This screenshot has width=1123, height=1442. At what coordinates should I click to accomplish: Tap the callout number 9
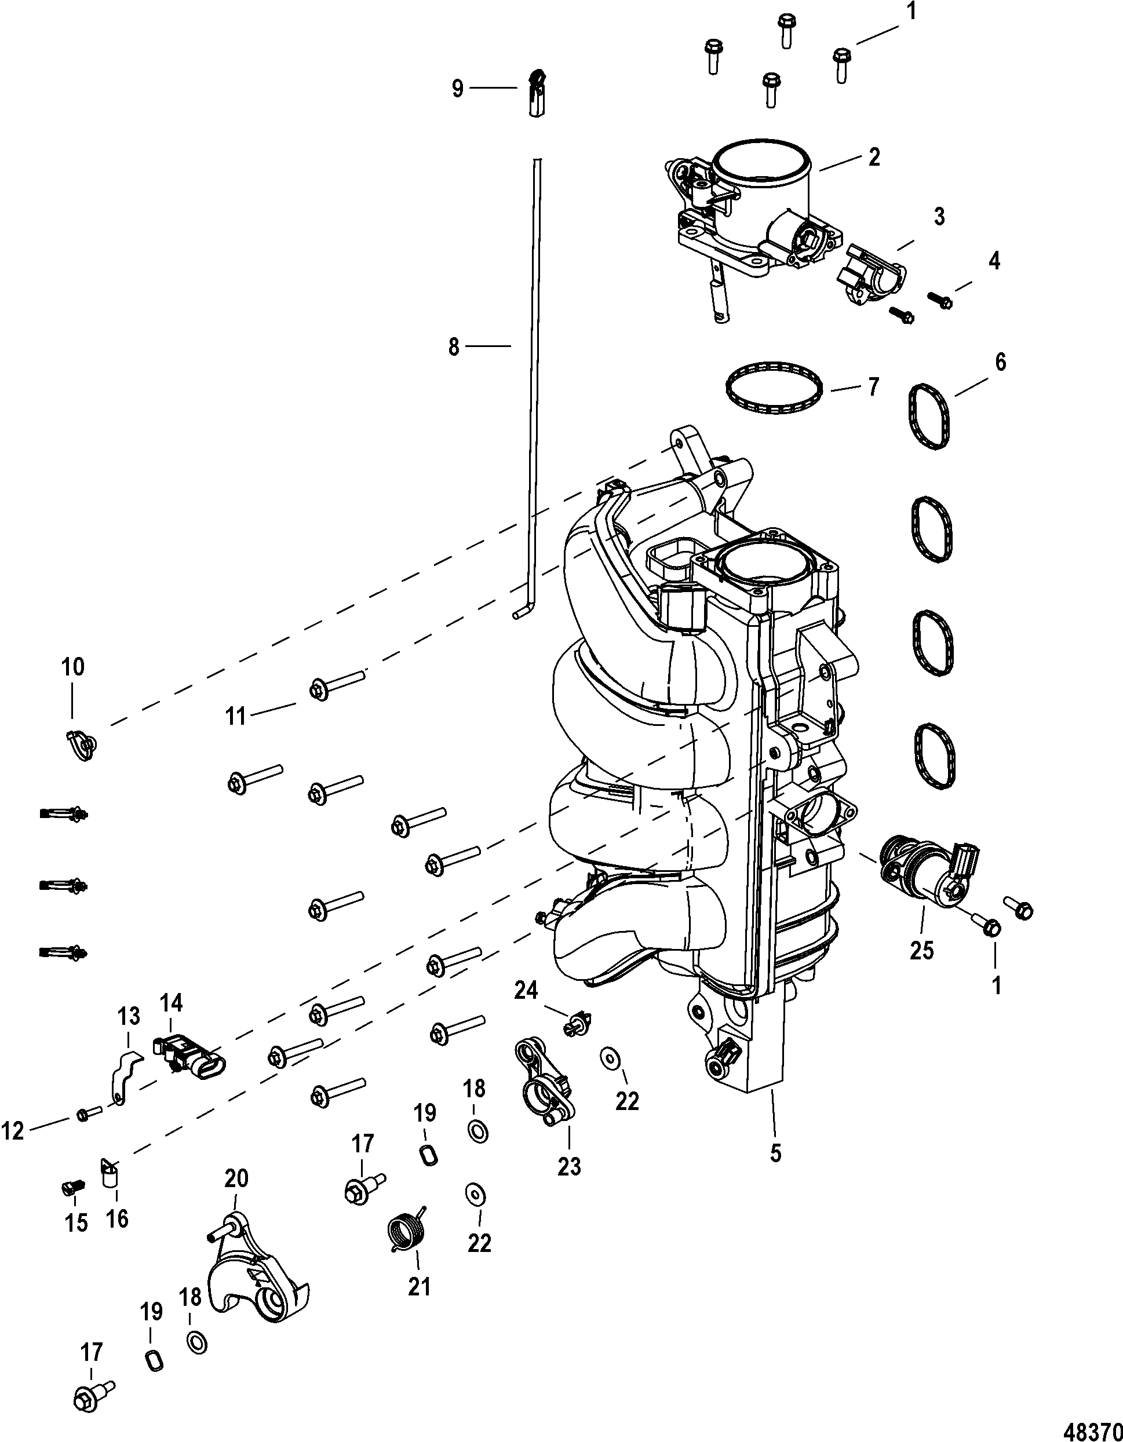(x=458, y=89)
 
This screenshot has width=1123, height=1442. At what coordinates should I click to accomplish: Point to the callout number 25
(x=922, y=950)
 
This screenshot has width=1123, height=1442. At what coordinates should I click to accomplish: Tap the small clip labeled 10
(x=82, y=745)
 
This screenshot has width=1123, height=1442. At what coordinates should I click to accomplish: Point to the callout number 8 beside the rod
(x=454, y=347)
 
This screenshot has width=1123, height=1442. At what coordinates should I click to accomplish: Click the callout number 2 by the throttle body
(x=874, y=157)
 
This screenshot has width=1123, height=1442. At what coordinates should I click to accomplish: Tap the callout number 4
(x=994, y=261)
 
